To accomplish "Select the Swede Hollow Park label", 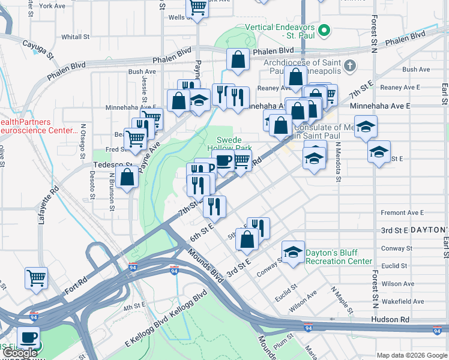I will tap(229, 143).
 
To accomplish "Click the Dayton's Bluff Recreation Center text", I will tap(339, 257).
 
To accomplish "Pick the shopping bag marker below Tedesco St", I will tap(127, 178).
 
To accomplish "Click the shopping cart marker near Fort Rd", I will tap(36, 278).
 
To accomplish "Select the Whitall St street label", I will tap(75, 37).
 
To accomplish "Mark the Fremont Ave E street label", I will tap(402, 212).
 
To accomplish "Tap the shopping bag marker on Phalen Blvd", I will tap(238, 60).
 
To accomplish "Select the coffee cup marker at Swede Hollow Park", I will tap(223, 161).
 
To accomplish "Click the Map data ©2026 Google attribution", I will tap(411, 355).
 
